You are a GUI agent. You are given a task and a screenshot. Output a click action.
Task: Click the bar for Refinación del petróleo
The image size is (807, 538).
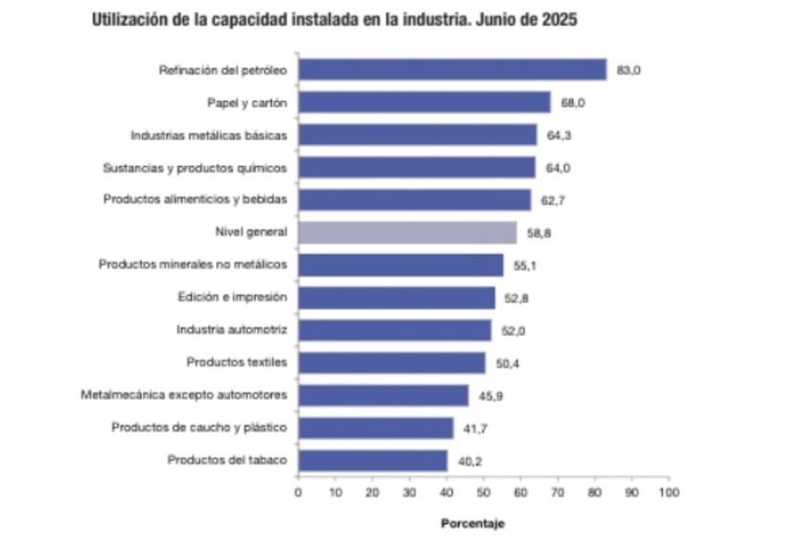pyautogui.click(x=452, y=70)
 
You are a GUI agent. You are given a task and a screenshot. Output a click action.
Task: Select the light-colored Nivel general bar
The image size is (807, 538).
pyautogui.click(x=407, y=232)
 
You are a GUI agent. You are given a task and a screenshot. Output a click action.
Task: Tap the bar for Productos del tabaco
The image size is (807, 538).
pyautogui.click(x=372, y=460)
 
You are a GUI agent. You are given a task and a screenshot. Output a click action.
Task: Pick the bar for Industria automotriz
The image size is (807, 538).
pyautogui.click(x=394, y=330)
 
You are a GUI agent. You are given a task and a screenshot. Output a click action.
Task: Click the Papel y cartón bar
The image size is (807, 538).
pyautogui.click(x=424, y=102)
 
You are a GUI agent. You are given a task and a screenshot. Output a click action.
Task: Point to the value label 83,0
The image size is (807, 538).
pyautogui.click(x=630, y=70)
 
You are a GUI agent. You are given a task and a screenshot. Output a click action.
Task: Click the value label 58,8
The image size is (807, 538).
pyautogui.click(x=540, y=233)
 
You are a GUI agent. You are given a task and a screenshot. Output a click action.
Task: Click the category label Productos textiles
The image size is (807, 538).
pyautogui.click(x=237, y=362)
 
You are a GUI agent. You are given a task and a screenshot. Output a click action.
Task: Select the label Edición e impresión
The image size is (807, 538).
pyautogui.click(x=232, y=297)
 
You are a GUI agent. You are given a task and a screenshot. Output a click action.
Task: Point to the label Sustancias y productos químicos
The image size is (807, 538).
pyautogui.click(x=195, y=168)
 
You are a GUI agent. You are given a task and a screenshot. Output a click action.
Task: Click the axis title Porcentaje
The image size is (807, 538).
pyautogui.click(x=472, y=524)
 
